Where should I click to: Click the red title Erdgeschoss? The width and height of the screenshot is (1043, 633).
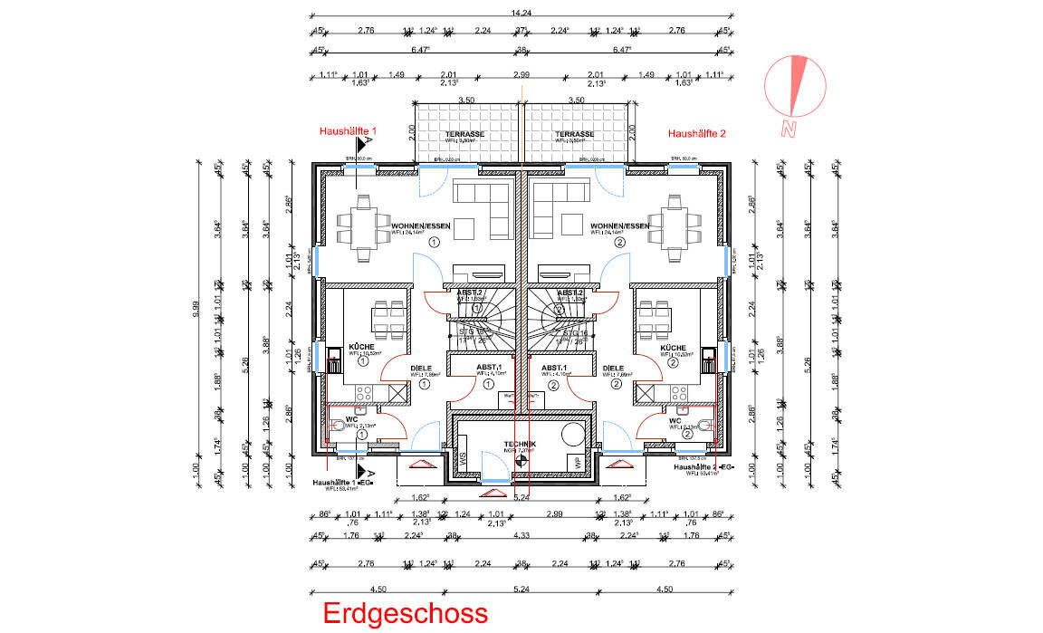click(x=406, y=614)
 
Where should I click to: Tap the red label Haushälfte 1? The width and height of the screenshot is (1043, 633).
click(x=348, y=131)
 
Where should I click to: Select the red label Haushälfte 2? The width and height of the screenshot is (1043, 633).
click(x=697, y=133)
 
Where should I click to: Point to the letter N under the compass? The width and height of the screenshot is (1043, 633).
click(x=789, y=129)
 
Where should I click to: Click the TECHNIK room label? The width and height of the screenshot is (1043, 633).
click(x=521, y=443)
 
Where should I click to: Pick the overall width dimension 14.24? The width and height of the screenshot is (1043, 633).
click(x=521, y=13)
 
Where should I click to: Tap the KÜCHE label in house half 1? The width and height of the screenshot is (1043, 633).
click(x=361, y=348)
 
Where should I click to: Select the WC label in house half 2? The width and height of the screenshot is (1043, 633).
click(x=675, y=421)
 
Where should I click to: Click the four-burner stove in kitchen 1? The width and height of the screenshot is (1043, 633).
click(x=365, y=393)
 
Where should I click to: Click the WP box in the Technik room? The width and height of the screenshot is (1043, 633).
click(x=574, y=462)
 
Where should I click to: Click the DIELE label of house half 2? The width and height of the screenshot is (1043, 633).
click(x=613, y=369)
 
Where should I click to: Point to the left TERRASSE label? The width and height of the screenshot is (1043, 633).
click(x=464, y=134)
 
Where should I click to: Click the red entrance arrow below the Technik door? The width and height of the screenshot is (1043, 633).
click(x=493, y=493)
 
